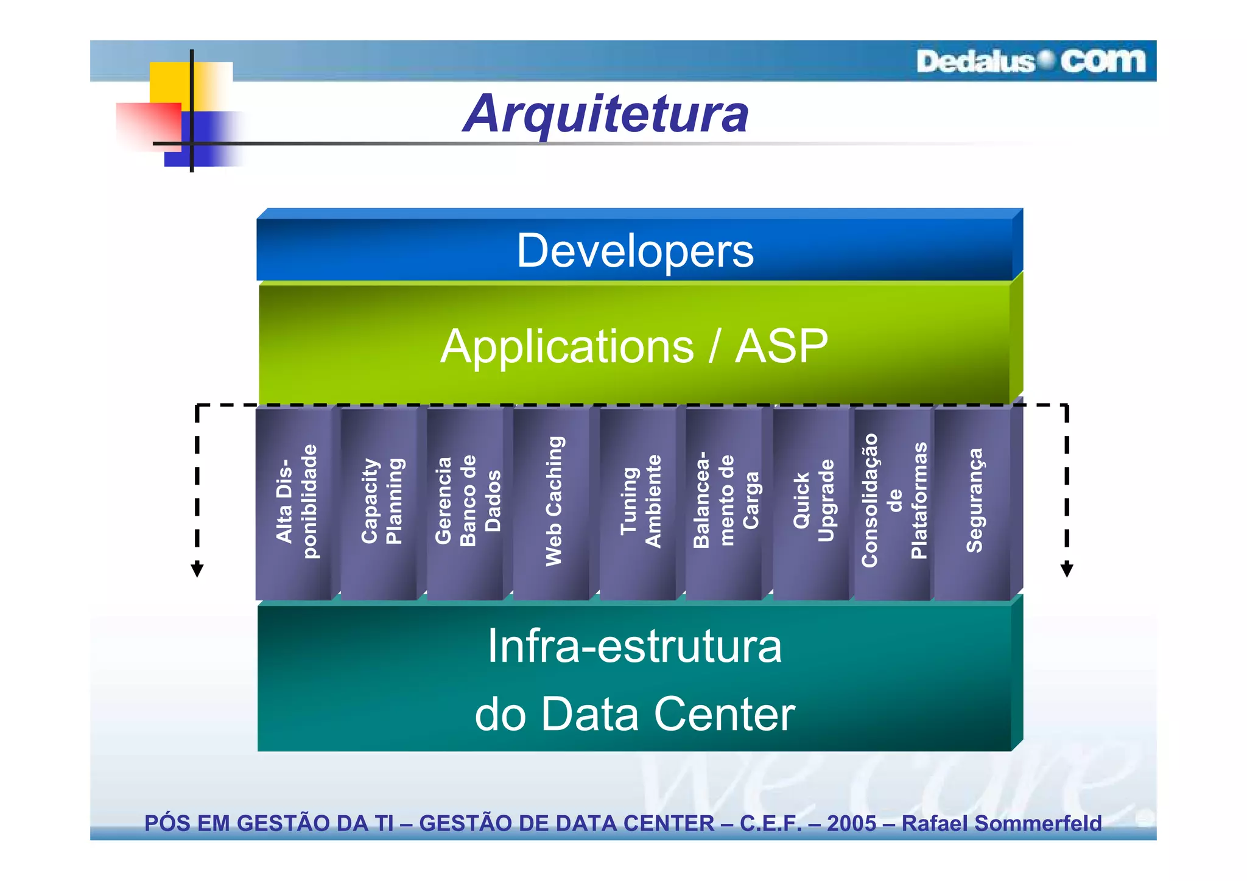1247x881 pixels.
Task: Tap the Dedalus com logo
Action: pyautogui.click(x=1030, y=61)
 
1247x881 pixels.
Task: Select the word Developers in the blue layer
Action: pyautogui.click(x=635, y=251)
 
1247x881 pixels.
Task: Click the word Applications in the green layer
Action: pyautogui.click(x=567, y=346)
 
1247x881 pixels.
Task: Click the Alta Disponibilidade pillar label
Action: pyautogui.click(x=297, y=501)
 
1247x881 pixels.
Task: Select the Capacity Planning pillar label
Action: pyautogui.click(x=382, y=501)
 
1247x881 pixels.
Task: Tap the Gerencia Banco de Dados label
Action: pyautogui.click(x=468, y=501)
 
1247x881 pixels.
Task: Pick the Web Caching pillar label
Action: pyautogui.click(x=554, y=501)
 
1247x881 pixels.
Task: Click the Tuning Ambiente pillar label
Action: pyautogui.click(x=640, y=501)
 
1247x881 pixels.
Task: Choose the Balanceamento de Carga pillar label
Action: pyautogui.click(x=726, y=501)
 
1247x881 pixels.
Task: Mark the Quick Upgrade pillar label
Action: pyautogui.click(x=813, y=501)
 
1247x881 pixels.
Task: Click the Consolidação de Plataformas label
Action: pyautogui.click(x=894, y=501)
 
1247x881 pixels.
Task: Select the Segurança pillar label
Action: pyautogui.click(x=974, y=501)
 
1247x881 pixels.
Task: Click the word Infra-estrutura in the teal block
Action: pyautogui.click(x=634, y=646)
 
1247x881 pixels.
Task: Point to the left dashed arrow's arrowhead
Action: pyautogui.click(x=197, y=570)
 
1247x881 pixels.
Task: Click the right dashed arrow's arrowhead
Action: pyautogui.click(x=1067, y=570)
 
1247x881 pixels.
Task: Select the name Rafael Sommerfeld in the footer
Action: pyautogui.click(x=1002, y=823)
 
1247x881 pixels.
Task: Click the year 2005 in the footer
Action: pyautogui.click(x=851, y=823)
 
